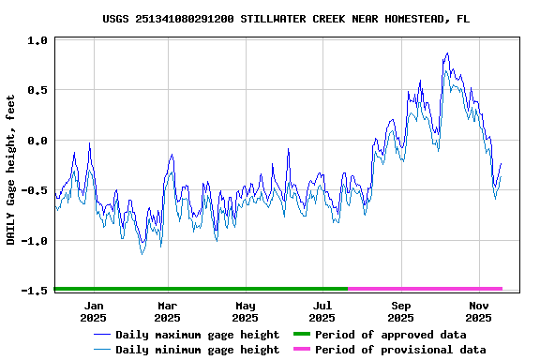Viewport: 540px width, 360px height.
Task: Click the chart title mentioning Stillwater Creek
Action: [286, 19]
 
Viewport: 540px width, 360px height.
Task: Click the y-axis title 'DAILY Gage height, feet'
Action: [11, 170]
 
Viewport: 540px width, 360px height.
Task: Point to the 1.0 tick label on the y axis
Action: [37, 41]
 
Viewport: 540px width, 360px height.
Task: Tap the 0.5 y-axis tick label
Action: [37, 91]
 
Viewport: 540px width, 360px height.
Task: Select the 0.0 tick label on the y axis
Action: [37, 141]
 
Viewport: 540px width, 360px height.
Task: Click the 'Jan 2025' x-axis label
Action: [94, 311]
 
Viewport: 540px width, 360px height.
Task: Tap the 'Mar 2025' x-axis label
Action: [167, 311]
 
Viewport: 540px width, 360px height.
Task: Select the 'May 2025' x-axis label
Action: [246, 311]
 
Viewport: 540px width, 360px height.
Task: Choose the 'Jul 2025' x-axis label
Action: [323, 311]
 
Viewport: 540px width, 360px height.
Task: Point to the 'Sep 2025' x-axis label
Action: [401, 311]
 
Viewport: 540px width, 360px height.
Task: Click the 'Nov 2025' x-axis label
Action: [479, 311]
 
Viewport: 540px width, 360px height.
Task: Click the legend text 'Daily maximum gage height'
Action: [197, 335]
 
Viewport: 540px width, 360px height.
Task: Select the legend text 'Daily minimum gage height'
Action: [197, 350]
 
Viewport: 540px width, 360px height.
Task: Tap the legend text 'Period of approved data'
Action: [390, 335]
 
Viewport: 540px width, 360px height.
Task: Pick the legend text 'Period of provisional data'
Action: [400, 350]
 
